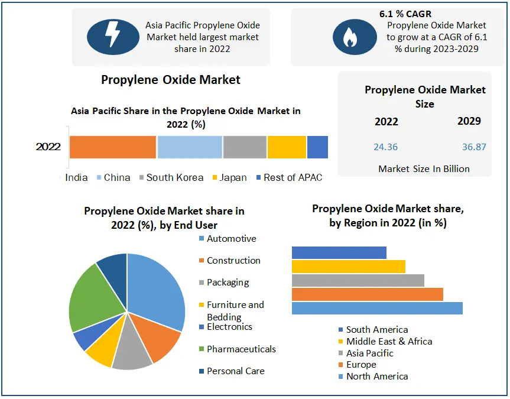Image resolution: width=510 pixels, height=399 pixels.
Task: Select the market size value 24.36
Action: (385, 147)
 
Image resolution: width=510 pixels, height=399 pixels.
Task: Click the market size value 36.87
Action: (474, 147)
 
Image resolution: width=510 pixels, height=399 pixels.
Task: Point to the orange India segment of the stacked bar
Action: (113, 147)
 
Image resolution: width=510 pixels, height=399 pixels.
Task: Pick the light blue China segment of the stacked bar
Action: (190, 147)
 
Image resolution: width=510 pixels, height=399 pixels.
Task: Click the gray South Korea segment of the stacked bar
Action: (245, 147)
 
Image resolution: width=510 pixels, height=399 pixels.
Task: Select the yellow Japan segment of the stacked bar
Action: (287, 147)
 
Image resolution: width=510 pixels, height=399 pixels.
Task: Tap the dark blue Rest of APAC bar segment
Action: (317, 147)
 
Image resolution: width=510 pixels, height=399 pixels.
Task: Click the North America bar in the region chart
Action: (377, 308)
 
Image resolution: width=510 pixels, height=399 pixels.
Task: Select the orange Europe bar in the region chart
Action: (367, 294)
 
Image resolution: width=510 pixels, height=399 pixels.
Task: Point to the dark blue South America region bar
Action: (339, 252)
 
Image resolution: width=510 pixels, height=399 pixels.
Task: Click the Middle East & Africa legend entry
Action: (389, 341)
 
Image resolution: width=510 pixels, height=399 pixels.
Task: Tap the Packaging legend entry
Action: (228, 283)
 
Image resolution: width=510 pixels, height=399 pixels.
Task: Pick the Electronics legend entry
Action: (229, 327)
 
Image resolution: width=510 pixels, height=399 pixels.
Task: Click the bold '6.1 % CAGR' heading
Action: (405, 13)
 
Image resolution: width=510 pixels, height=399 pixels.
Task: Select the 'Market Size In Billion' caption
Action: (424, 168)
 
